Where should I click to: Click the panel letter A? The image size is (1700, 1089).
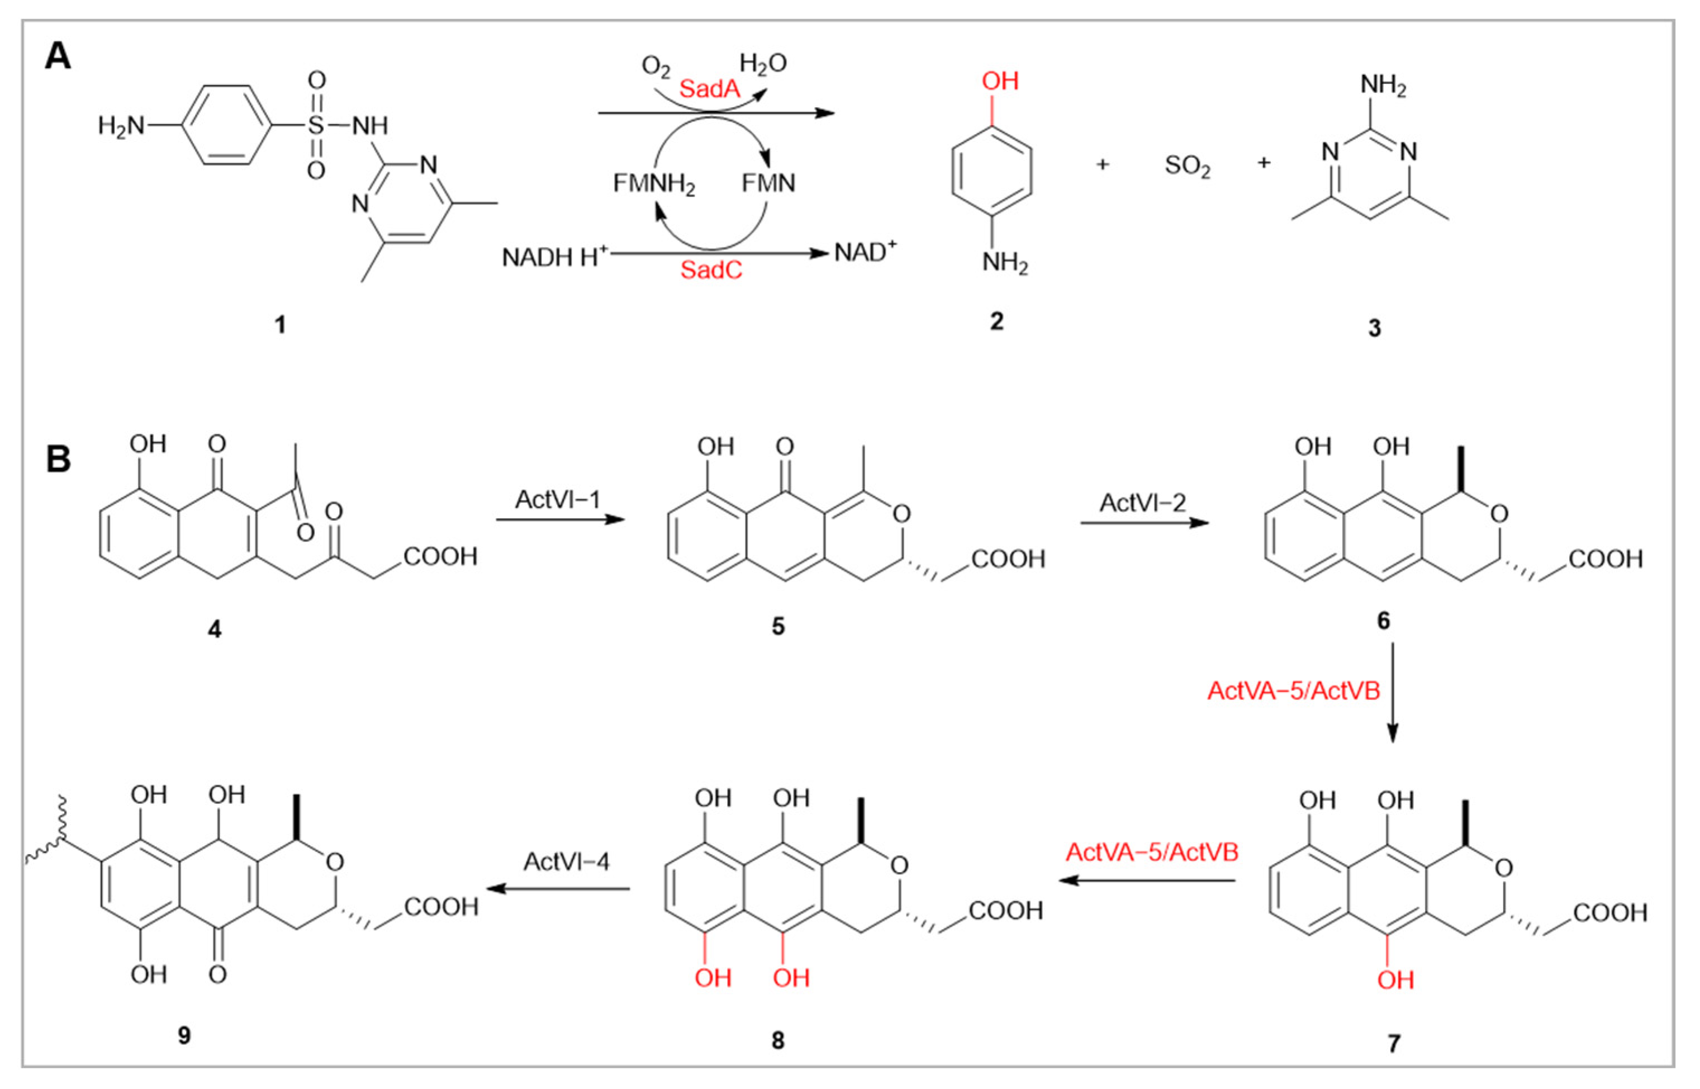58,56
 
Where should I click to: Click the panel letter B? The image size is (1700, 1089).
58,459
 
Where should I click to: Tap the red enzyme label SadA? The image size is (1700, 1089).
709,89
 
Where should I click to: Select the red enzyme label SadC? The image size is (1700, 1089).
711,271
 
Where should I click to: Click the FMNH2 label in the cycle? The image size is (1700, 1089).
654,184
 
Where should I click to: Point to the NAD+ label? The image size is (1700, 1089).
865,253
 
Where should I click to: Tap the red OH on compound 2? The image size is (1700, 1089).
1000,81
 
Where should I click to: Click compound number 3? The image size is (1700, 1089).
1374,329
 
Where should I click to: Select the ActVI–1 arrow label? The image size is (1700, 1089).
558,500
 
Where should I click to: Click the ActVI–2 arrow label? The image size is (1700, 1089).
1142,503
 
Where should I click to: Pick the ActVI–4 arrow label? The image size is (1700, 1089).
566,861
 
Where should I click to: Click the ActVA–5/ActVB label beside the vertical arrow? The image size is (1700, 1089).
1294,691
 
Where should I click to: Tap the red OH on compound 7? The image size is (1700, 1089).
1395,980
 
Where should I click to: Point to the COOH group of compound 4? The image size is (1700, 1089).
440,557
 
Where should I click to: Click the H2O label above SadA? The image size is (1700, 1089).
763,64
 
